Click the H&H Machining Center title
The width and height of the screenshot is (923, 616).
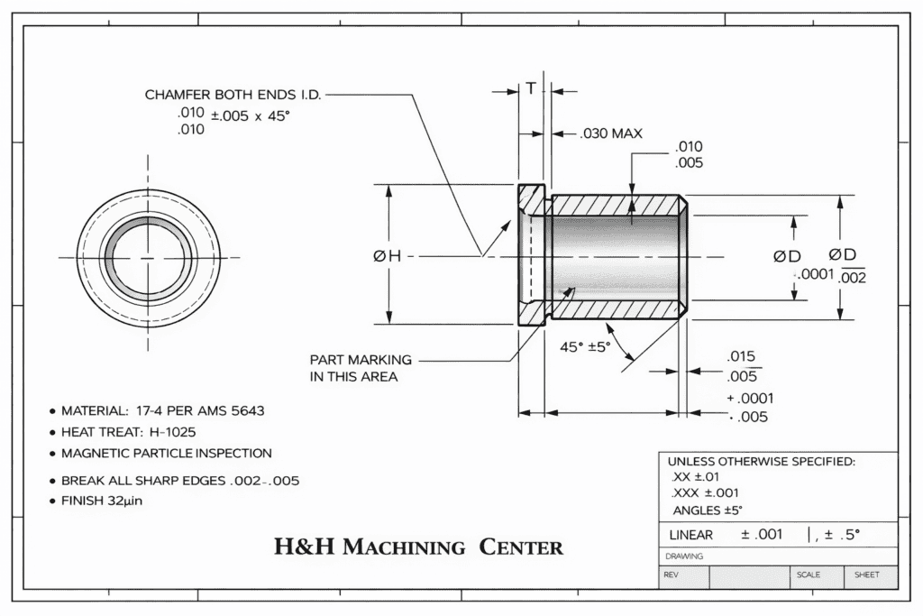(418, 547)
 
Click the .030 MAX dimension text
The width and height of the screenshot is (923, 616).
(610, 133)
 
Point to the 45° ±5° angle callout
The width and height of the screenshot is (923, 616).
(585, 346)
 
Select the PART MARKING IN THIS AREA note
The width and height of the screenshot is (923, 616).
(361, 368)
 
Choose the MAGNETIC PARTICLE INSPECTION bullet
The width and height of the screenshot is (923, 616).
(166, 453)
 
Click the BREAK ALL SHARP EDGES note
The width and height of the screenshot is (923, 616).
(179, 481)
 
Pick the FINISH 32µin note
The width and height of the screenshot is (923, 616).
(101, 501)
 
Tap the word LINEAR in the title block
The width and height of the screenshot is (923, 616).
(690, 535)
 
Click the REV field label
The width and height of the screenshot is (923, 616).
(672, 575)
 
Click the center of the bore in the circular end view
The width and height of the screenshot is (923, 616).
(149, 257)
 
